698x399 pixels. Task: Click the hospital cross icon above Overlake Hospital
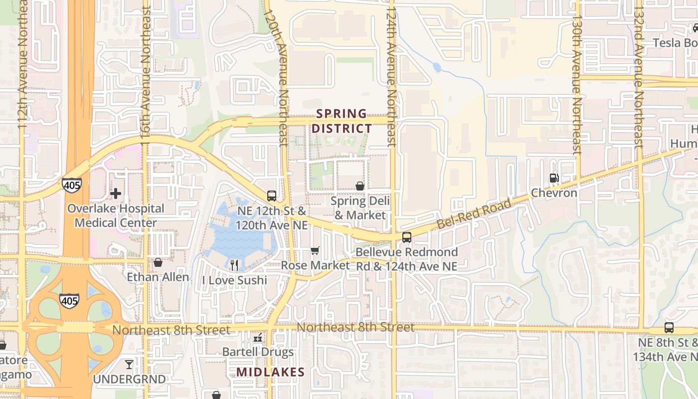(116, 194)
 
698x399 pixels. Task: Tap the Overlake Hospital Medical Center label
(116, 215)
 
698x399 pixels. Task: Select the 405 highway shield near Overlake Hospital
(71, 185)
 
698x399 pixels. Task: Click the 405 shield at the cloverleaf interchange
(69, 300)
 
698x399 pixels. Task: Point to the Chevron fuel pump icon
(553, 178)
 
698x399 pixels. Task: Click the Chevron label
(554, 193)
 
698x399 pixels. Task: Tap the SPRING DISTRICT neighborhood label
(342, 121)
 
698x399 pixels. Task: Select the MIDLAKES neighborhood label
(270, 372)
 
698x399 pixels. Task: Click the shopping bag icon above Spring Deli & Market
(360, 187)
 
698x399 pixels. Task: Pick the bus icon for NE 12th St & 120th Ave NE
(272, 196)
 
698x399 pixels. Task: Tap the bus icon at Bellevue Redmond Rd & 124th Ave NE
(407, 237)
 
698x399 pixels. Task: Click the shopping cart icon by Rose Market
(315, 250)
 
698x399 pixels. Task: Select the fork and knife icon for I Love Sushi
(234, 265)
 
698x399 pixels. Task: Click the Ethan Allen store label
(158, 277)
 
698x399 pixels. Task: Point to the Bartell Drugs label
(258, 352)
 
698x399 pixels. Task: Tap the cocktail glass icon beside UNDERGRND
(129, 365)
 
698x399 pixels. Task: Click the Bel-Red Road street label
(474, 214)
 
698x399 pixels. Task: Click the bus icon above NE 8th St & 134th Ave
(669, 328)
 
